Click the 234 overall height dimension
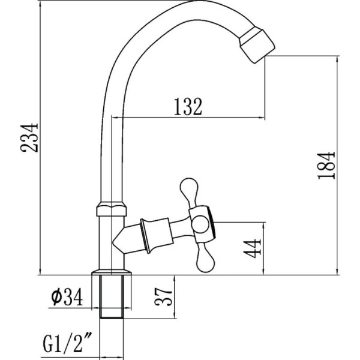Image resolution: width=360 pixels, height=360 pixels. (x=29, y=138)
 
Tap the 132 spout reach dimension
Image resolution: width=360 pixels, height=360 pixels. (x=188, y=107)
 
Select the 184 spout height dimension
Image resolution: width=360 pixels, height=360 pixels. (x=326, y=166)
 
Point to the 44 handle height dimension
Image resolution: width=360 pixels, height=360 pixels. (x=252, y=248)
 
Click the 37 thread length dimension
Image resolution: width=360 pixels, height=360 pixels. (x=163, y=296)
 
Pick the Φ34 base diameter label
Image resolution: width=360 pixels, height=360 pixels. (x=67, y=297)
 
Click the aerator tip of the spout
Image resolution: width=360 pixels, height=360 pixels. (x=257, y=45)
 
